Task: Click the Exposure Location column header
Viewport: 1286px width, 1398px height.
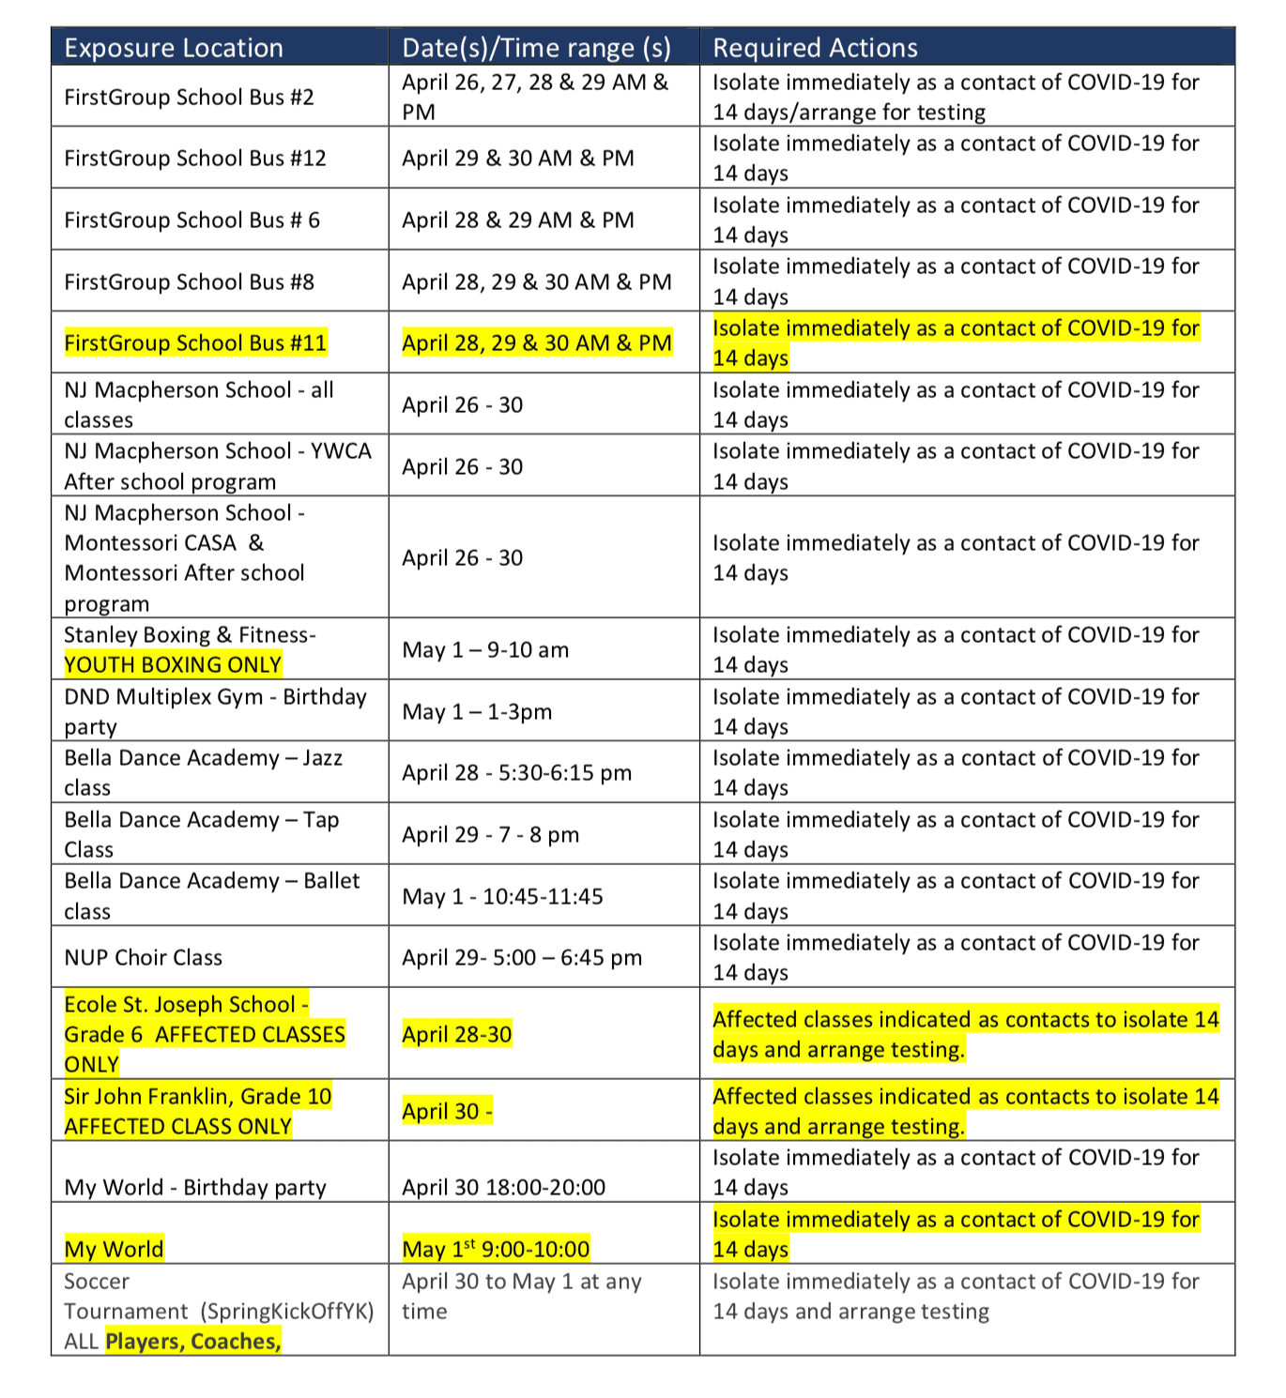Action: click(x=174, y=48)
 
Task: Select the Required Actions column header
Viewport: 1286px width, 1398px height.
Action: click(x=815, y=48)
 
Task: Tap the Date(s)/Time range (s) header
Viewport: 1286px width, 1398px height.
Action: click(x=536, y=48)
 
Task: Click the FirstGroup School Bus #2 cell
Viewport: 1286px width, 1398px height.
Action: click(x=189, y=98)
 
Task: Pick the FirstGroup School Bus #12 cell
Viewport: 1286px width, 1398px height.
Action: click(x=195, y=159)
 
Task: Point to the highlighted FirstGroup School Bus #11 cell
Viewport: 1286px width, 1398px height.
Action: click(x=195, y=343)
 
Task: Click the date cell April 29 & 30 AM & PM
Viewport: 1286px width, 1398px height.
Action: click(x=518, y=159)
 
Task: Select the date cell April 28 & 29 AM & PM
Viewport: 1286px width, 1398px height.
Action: click(x=518, y=220)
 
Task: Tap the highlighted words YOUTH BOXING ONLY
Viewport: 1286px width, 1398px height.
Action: click(x=173, y=665)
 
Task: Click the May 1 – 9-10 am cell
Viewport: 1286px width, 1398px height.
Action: click(x=485, y=650)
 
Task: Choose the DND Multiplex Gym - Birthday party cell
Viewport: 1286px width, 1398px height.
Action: click(x=215, y=711)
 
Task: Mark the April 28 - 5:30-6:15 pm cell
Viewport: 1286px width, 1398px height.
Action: click(x=516, y=773)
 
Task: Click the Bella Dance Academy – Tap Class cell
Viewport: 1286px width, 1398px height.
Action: click(x=201, y=834)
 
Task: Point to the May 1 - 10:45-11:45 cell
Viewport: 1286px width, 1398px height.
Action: click(x=502, y=897)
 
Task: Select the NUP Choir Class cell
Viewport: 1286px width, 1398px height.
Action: click(x=143, y=958)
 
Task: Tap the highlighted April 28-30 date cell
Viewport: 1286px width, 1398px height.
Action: click(x=457, y=1035)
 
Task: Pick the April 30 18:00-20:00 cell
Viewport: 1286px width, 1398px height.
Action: click(x=503, y=1188)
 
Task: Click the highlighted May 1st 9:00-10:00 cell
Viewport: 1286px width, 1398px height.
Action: click(x=496, y=1250)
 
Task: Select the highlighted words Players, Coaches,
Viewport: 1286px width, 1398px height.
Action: click(x=193, y=1342)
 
